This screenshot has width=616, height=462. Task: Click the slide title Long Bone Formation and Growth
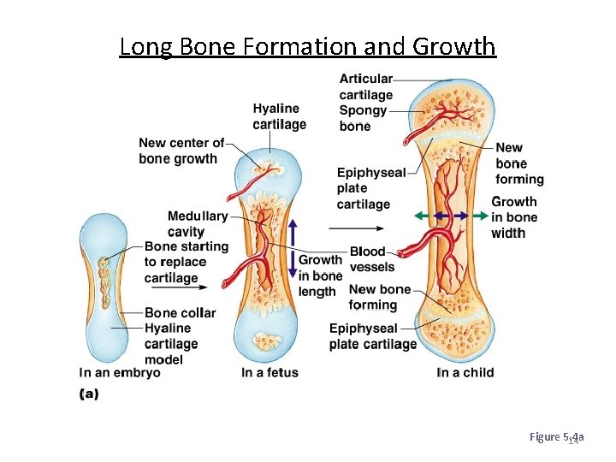[x=307, y=45]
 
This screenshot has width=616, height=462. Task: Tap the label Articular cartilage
[x=365, y=86]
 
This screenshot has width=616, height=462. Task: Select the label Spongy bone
[x=363, y=118]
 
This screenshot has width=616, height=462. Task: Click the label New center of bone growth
[x=181, y=151]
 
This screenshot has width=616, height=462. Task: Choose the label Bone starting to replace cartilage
[x=187, y=262]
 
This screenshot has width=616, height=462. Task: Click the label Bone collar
[x=180, y=313]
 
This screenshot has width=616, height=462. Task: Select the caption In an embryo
[x=120, y=373]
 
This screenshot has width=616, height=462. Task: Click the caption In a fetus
[x=269, y=373]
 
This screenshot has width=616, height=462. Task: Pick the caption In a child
[x=465, y=373]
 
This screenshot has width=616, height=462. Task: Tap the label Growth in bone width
[x=513, y=217]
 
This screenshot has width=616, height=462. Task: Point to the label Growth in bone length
[x=320, y=275]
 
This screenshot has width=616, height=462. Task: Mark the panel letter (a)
[x=89, y=394]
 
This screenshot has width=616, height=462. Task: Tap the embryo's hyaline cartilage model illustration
[x=104, y=288]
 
